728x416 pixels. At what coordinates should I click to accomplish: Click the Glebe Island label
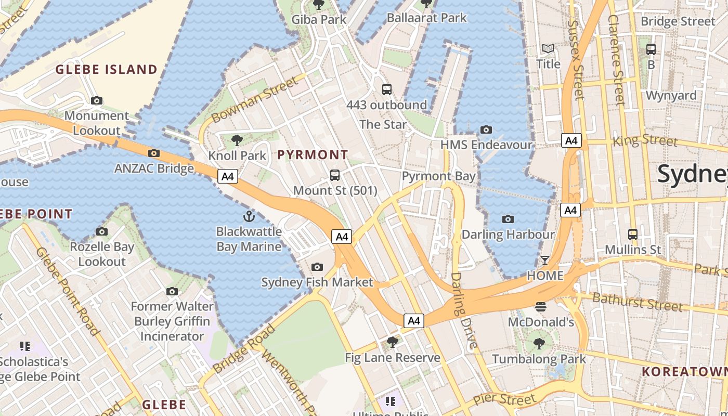106,69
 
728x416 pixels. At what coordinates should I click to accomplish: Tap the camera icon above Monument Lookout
96,100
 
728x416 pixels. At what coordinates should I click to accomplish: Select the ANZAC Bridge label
154,168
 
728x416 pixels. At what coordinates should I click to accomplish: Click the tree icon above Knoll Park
237,140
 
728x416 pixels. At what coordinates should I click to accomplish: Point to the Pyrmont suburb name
313,154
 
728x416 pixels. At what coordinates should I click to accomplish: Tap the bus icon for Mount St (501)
335,175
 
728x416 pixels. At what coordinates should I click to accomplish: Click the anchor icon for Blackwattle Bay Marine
249,216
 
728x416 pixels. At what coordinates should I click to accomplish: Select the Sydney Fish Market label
317,282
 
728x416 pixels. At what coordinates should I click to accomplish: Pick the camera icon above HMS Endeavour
486,129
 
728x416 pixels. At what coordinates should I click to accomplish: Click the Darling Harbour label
508,235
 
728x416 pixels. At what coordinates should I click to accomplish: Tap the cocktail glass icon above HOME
545,260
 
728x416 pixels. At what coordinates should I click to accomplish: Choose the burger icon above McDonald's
541,307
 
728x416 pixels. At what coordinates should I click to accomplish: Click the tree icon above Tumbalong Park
539,343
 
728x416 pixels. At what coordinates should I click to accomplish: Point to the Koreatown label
684,371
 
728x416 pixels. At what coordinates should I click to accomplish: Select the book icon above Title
548,49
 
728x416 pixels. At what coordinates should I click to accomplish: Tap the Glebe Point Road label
68,291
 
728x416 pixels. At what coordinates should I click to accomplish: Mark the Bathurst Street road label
637,302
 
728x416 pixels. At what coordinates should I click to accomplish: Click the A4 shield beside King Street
571,140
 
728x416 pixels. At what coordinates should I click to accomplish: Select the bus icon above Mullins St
632,235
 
